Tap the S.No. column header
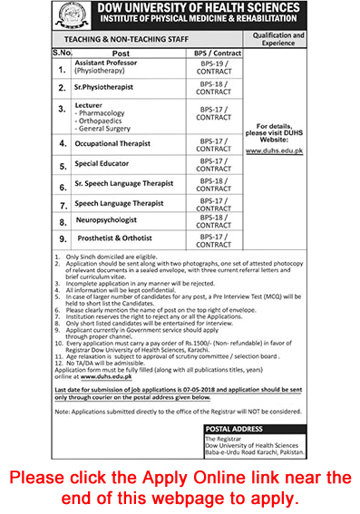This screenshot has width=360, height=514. [61, 53]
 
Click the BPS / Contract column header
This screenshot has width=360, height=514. [213, 53]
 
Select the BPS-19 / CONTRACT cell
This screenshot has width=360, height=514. [213, 68]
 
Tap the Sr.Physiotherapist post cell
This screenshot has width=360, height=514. [111, 88]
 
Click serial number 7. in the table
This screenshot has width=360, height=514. [62, 205]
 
